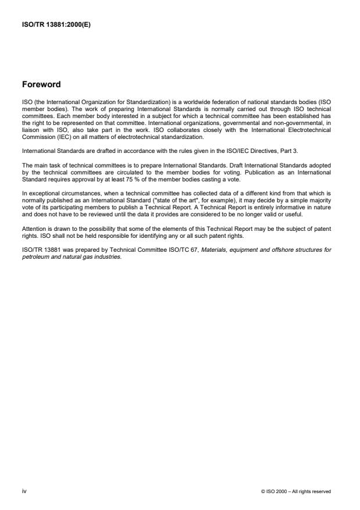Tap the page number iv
[x=24, y=491]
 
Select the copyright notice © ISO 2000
[x=296, y=491]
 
